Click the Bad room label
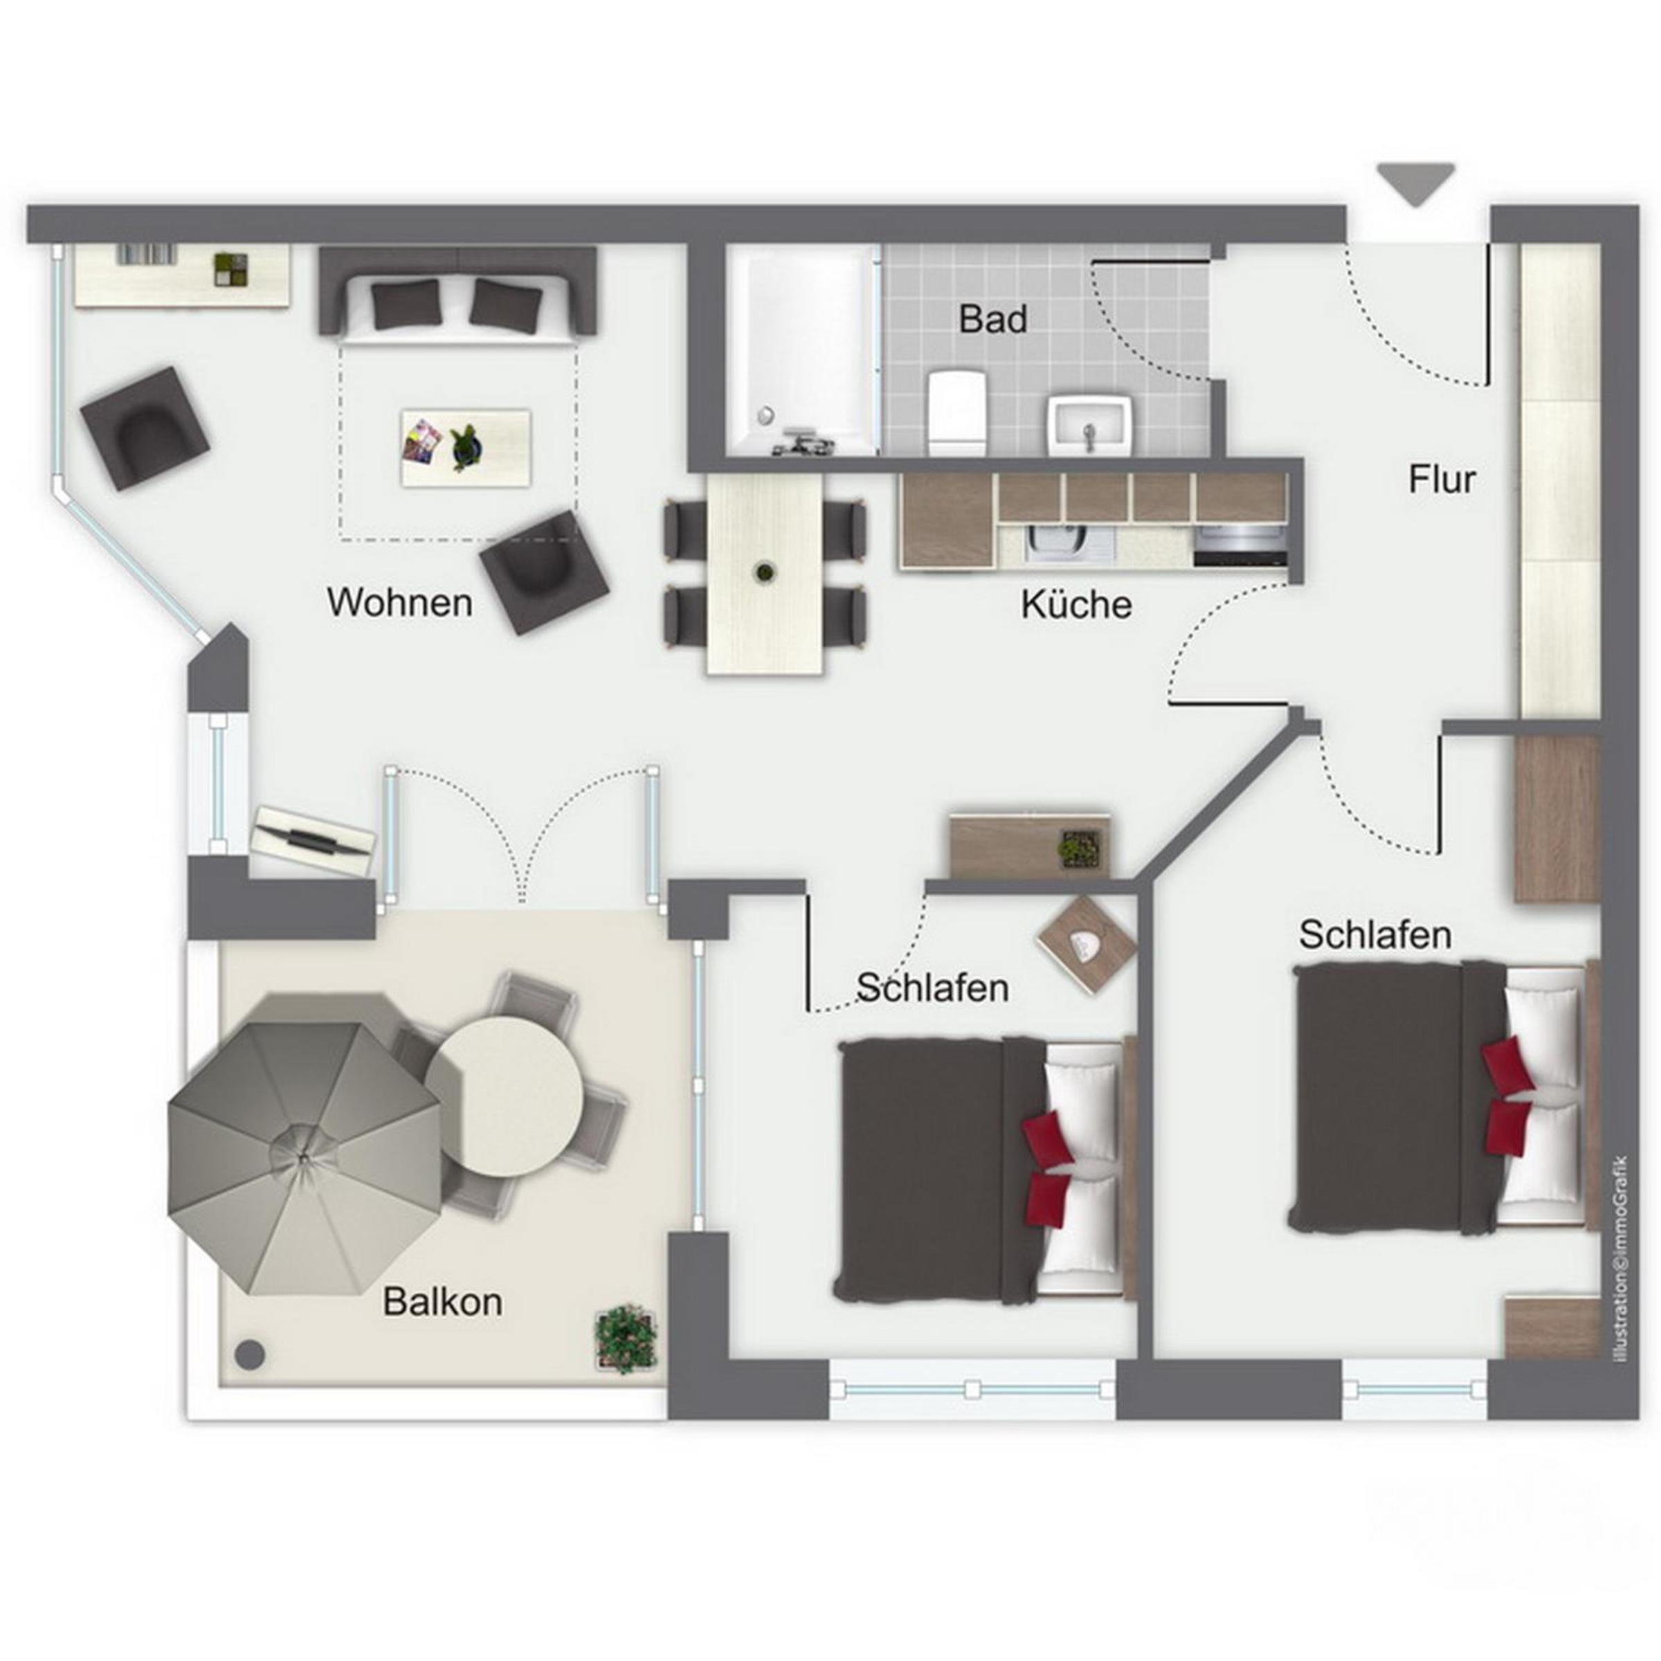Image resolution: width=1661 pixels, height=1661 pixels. pyautogui.click(x=993, y=319)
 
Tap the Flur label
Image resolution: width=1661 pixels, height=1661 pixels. pyautogui.click(x=1442, y=479)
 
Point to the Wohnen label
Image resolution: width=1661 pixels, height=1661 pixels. pyautogui.click(x=400, y=603)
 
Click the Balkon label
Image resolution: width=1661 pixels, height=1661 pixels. pyautogui.click(x=443, y=1302)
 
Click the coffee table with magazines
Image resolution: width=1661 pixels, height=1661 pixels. pyautogui.click(x=466, y=447)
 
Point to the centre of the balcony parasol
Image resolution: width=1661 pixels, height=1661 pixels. pyautogui.click(x=305, y=1158)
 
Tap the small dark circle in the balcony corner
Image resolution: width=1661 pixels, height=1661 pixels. pyautogui.click(x=250, y=1355)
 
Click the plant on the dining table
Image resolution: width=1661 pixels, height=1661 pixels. pyautogui.click(x=763, y=572)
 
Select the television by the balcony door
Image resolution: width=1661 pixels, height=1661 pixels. pyautogui.click(x=313, y=841)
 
